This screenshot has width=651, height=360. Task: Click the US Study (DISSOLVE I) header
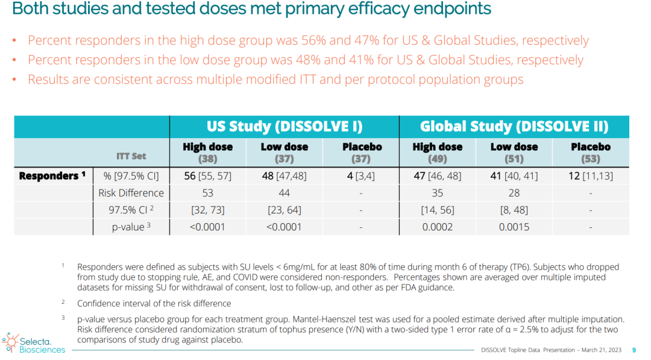click(x=284, y=127)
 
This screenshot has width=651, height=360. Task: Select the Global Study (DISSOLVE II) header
click(x=514, y=127)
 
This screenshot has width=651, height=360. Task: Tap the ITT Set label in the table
click(x=131, y=156)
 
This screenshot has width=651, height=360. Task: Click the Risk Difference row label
click(x=131, y=193)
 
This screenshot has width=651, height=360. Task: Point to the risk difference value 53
click(x=207, y=193)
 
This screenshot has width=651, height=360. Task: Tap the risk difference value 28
click(x=514, y=193)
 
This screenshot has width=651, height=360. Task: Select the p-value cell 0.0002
click(x=437, y=227)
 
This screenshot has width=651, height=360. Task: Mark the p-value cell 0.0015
click(x=514, y=227)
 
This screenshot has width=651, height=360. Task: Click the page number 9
click(x=634, y=350)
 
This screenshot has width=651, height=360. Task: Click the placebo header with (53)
click(x=590, y=153)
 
